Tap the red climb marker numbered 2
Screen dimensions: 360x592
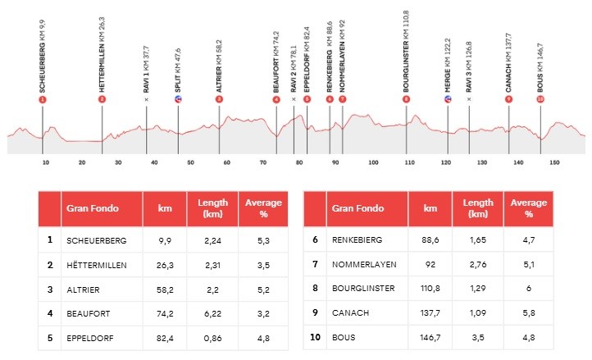pos(102,99)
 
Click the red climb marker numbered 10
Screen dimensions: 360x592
pos(540,99)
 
